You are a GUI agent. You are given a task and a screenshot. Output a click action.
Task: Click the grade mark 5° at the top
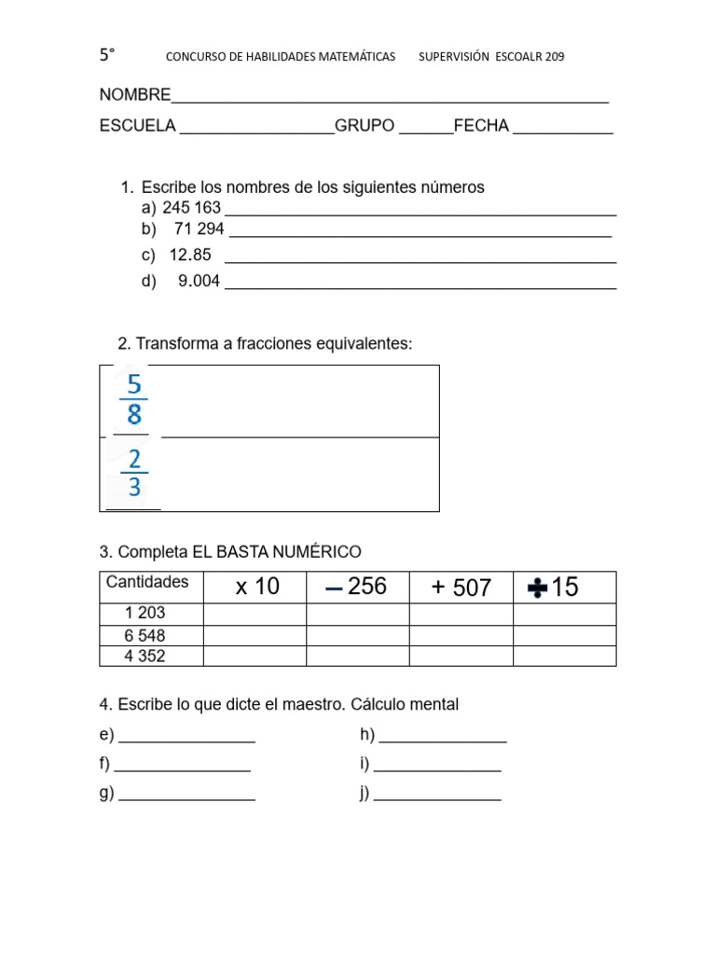[x=107, y=56]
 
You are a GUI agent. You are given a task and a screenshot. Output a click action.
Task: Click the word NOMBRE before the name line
[x=135, y=95]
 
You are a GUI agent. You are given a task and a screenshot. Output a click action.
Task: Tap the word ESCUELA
[x=137, y=126]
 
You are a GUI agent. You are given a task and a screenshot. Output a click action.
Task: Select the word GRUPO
[x=365, y=126]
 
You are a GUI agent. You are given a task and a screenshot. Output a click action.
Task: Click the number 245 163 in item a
[x=191, y=208]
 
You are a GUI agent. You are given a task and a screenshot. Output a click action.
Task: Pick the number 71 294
[x=199, y=229]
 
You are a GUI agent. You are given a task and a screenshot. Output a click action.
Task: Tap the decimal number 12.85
[x=190, y=255]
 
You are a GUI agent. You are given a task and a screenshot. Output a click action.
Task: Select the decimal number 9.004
[x=199, y=281]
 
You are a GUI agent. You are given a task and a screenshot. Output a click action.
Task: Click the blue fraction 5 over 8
[x=134, y=399]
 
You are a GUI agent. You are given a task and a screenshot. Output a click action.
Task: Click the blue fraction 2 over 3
[x=134, y=473]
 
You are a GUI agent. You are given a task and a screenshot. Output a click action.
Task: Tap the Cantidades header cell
[x=147, y=582]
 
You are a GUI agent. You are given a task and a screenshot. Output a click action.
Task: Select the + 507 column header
[x=461, y=588]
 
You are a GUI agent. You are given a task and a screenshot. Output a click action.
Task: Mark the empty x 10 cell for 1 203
[x=255, y=614]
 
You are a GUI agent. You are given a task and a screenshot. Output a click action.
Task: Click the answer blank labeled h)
[x=443, y=736]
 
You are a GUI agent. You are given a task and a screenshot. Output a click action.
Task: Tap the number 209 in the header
[x=551, y=57]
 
